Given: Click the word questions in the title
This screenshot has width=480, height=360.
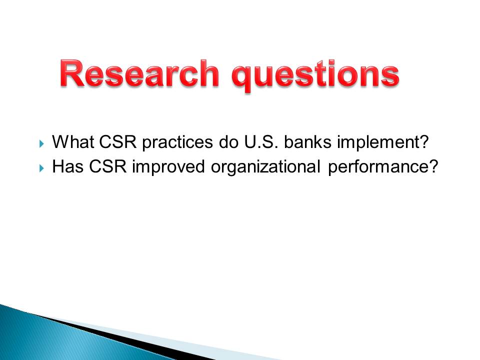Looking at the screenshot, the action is pyautogui.click(x=315, y=75).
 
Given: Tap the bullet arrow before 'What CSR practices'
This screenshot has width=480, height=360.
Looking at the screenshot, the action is pyautogui.click(x=42, y=143).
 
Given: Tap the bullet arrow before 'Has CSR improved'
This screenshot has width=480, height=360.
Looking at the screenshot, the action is pyautogui.click(x=42, y=168).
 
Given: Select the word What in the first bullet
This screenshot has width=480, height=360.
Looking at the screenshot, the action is pyautogui.click(x=73, y=141).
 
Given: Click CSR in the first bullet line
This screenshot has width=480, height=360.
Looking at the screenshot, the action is pyautogui.click(x=118, y=141).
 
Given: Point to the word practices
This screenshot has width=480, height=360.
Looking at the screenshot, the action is pyautogui.click(x=177, y=143).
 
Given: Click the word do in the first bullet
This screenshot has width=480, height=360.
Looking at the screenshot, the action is pyautogui.click(x=228, y=141).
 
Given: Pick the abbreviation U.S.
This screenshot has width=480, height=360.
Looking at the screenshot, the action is pyautogui.click(x=261, y=141).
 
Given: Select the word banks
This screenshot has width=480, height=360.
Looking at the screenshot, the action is pyautogui.click(x=307, y=141).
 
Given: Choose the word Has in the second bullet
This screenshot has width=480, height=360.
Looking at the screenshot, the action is pyautogui.click(x=68, y=166).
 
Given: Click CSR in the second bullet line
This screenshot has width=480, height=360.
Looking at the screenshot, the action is pyautogui.click(x=108, y=166).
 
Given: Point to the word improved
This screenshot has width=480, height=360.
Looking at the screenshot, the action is pyautogui.click(x=168, y=168).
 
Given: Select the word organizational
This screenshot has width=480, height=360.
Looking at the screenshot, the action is pyautogui.click(x=265, y=168).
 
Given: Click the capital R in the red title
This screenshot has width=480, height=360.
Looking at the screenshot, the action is pyautogui.click(x=72, y=73).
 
